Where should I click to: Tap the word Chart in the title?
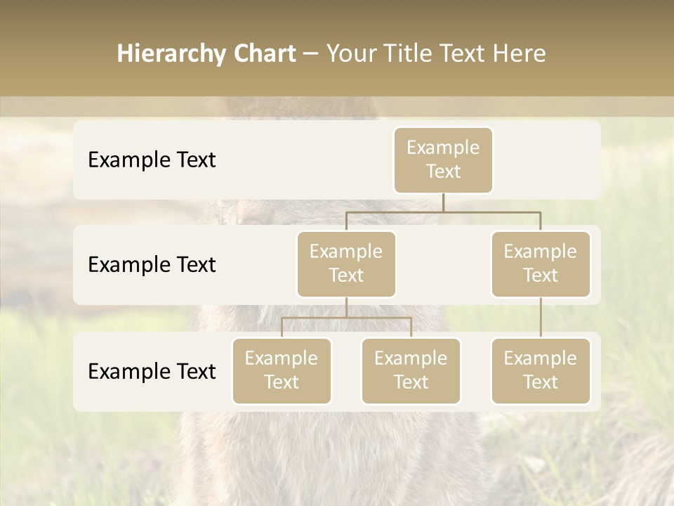point(261,54)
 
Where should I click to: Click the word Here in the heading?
point(519,54)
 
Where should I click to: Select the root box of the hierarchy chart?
point(443,160)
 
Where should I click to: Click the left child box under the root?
point(346,264)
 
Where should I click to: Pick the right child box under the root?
point(541,264)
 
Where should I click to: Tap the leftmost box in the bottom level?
point(282,370)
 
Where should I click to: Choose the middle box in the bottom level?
point(411,370)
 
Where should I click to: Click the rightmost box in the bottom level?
point(541,370)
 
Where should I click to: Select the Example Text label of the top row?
point(152,160)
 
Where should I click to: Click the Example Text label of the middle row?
point(152,264)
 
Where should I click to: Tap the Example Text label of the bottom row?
point(152,371)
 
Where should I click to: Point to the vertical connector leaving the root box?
point(443,202)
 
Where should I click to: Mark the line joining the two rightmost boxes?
point(541,318)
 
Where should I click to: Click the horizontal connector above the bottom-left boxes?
point(346,318)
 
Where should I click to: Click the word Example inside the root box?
point(443,148)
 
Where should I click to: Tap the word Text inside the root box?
point(443,171)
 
